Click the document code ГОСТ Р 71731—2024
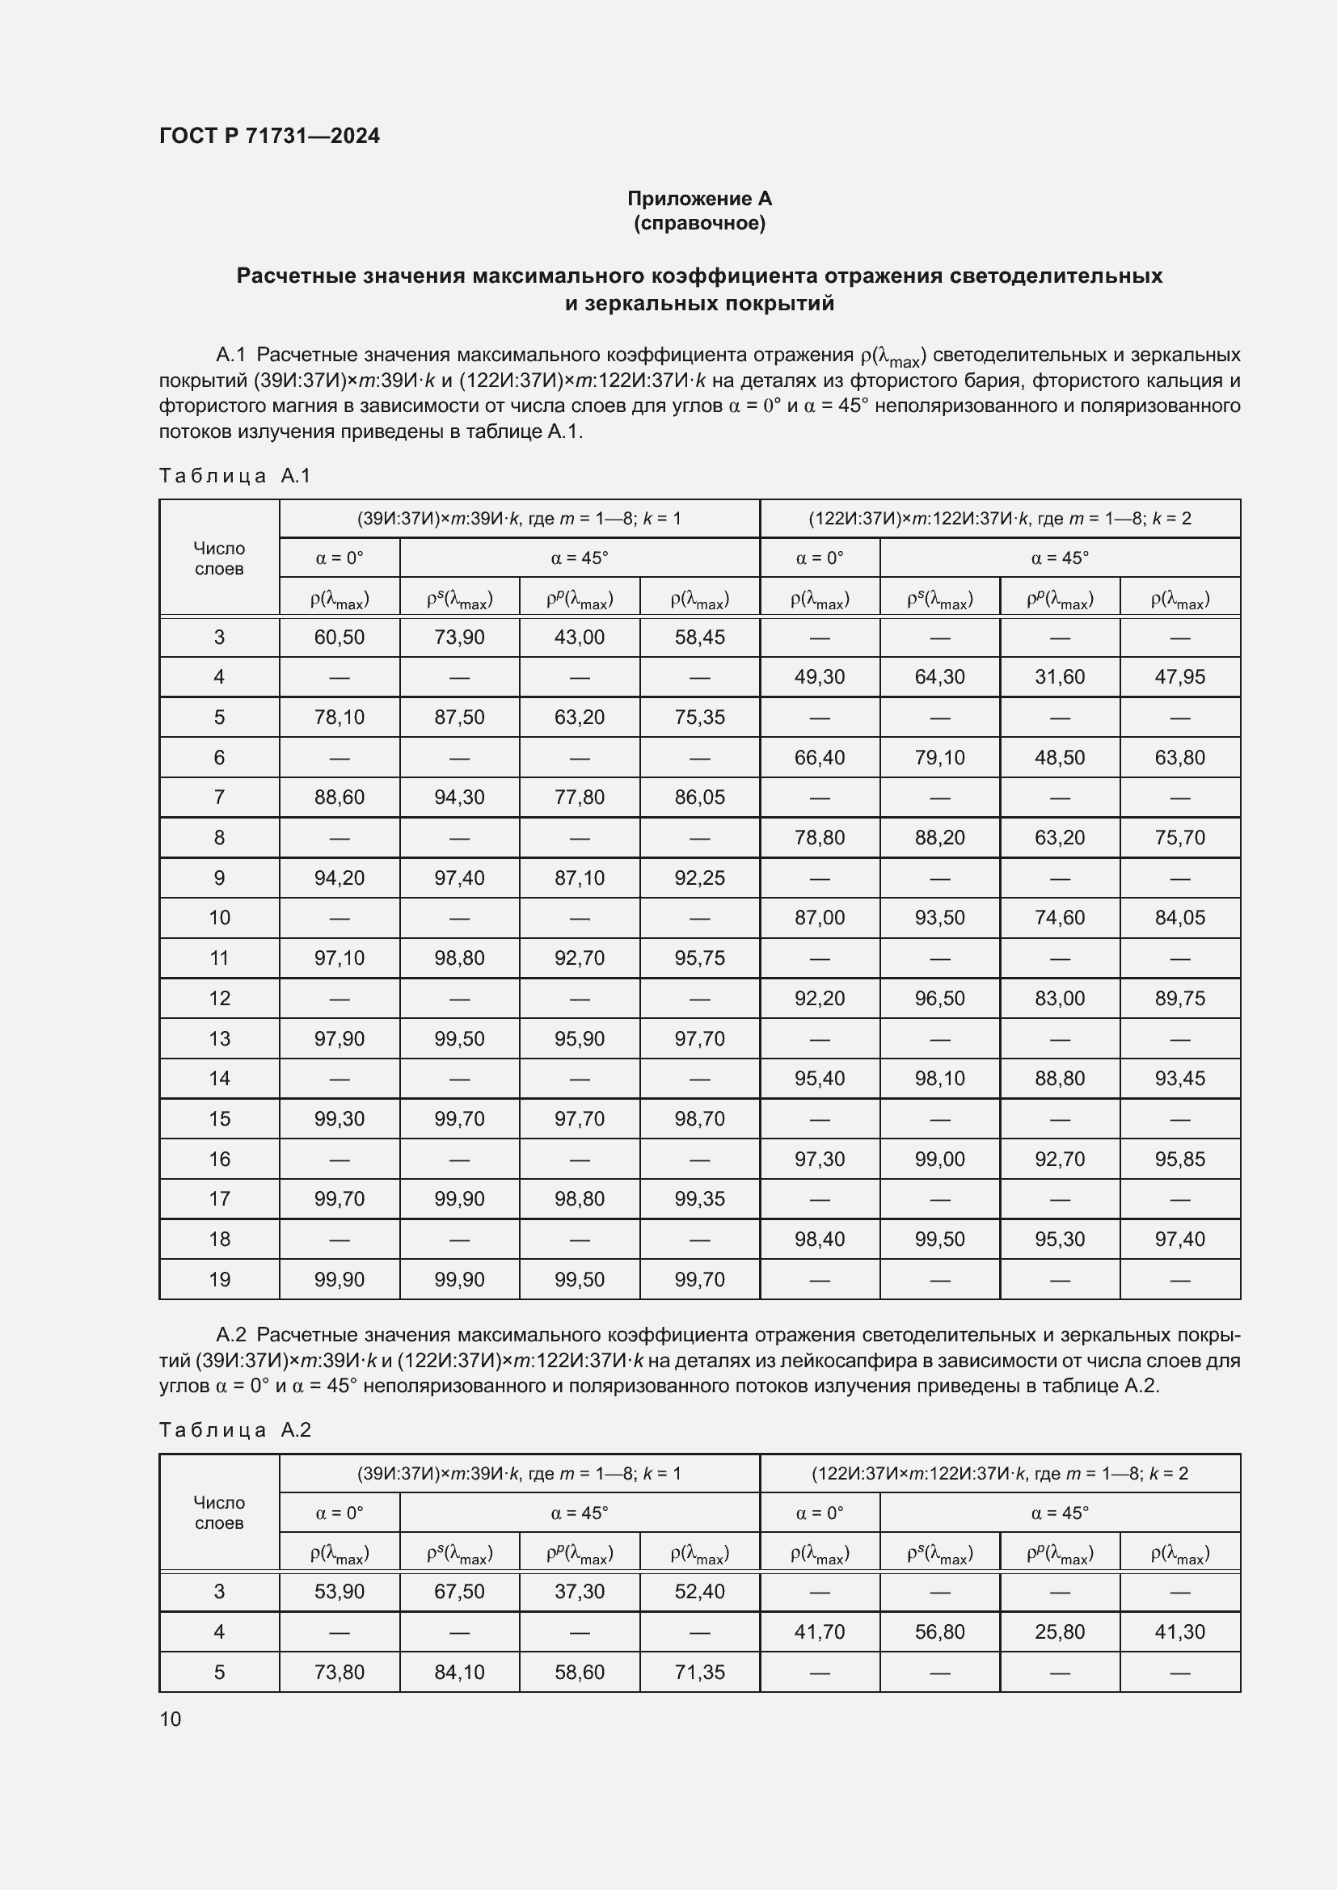point(269,136)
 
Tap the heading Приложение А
point(699,199)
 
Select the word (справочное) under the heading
point(699,223)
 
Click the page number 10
point(171,1719)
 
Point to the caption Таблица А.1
point(234,476)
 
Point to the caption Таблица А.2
point(234,1430)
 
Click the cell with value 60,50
point(340,637)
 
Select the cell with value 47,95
point(1179,676)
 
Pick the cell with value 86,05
point(699,797)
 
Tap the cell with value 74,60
point(1059,918)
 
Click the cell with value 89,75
point(1179,998)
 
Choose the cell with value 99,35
point(699,1198)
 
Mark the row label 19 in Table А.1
point(219,1279)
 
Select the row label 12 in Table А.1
point(219,998)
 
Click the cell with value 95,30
point(1059,1239)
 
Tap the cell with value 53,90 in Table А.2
point(340,1591)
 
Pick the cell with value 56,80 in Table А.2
point(938,1631)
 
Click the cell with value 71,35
point(699,1672)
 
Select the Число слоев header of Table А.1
point(219,558)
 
